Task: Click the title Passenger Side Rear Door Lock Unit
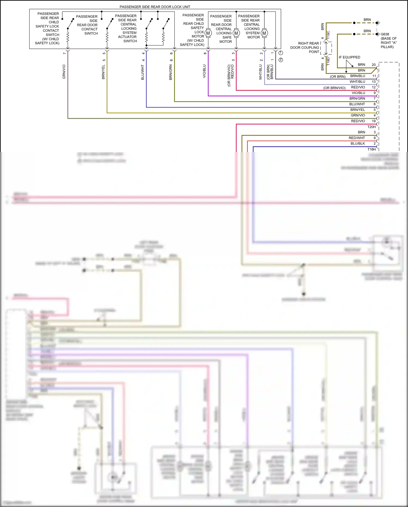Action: (x=155, y=7)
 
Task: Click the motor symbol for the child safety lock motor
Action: (x=208, y=33)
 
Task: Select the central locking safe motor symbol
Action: (x=236, y=33)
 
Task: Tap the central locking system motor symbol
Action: (x=264, y=33)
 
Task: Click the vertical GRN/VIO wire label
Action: (x=64, y=72)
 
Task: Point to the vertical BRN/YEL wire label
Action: (x=103, y=72)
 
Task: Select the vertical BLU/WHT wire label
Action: (x=143, y=72)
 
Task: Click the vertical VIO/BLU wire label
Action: (x=204, y=71)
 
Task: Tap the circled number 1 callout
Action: (x=281, y=53)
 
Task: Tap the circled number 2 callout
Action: (x=281, y=60)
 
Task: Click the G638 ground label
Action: (x=385, y=34)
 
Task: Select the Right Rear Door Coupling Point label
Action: (x=305, y=47)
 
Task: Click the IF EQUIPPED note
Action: (x=349, y=57)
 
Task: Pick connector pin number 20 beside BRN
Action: (x=374, y=65)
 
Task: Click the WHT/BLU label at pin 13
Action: (x=357, y=82)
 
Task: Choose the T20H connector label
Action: (x=372, y=127)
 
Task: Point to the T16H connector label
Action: (x=372, y=149)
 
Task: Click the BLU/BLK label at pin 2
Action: (x=358, y=144)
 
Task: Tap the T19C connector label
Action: (x=328, y=36)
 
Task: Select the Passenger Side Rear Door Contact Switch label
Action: (x=87, y=25)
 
